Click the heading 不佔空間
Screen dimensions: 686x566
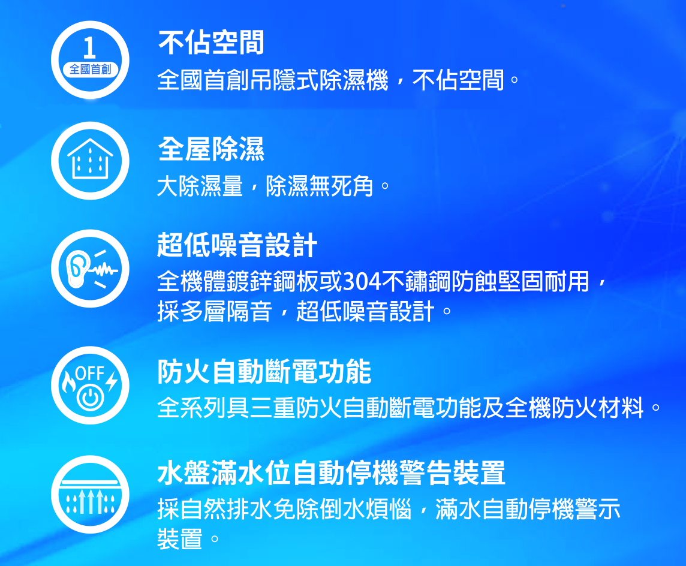pyautogui.click(x=211, y=43)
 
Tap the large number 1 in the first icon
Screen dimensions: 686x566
pyautogui.click(x=89, y=48)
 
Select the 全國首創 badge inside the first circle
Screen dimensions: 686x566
pyautogui.click(x=90, y=69)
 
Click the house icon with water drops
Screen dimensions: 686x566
pyautogui.click(x=90, y=158)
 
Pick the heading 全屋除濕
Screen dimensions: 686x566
pyautogui.click(x=211, y=149)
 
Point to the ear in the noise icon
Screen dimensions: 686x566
pyautogui.click(x=77, y=267)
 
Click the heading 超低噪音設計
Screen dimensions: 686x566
pyautogui.click(x=237, y=245)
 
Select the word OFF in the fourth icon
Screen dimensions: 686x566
pyautogui.click(x=90, y=373)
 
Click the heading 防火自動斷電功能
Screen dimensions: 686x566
pyautogui.click(x=264, y=372)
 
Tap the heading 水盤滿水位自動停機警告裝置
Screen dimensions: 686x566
pyautogui.click(x=331, y=473)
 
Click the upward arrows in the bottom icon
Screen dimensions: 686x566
pyautogui.click(x=90, y=501)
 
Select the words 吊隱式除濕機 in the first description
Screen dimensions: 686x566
pyautogui.click(x=318, y=80)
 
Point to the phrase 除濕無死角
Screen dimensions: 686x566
pyautogui.click(x=320, y=186)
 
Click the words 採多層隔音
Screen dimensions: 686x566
pyautogui.click(x=215, y=311)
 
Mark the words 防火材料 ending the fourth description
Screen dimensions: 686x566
pyautogui.click(x=598, y=408)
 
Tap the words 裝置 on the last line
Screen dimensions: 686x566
pyautogui.click(x=180, y=539)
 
